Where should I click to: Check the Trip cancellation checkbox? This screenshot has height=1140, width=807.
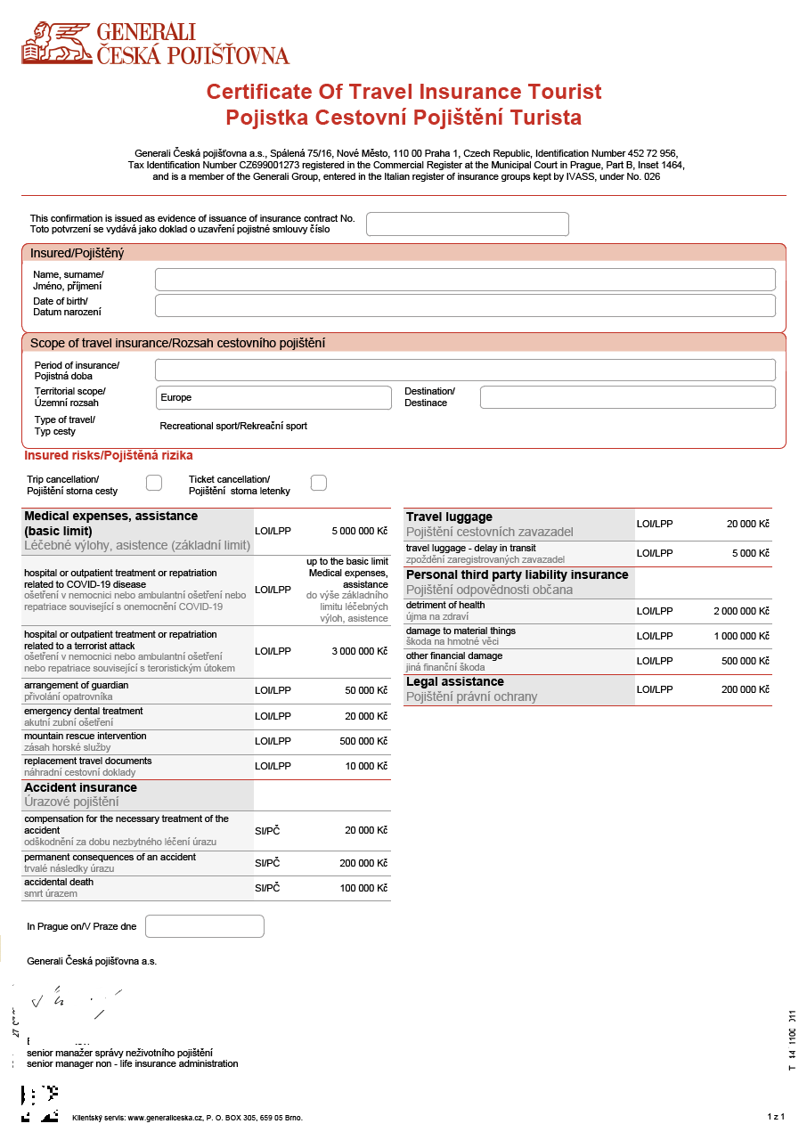tap(154, 483)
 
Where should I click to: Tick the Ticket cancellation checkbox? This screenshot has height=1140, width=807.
tap(319, 483)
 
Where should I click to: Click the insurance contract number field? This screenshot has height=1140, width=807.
tap(467, 224)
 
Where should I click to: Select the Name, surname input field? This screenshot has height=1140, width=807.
tap(465, 280)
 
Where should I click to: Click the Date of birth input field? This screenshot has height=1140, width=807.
tap(465, 305)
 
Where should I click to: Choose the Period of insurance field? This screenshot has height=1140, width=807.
tap(465, 370)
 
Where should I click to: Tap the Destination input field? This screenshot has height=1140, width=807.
tap(627, 397)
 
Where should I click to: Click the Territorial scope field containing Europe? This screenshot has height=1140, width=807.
tap(273, 397)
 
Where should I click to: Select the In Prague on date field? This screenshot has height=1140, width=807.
tap(205, 926)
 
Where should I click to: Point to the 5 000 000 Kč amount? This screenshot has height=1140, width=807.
tap(360, 531)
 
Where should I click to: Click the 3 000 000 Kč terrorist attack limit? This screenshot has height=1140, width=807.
tap(360, 651)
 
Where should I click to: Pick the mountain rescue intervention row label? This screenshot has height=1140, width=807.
tap(86, 737)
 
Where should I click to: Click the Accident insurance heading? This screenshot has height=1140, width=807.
tap(81, 787)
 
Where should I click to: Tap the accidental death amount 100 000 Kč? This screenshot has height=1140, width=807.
tap(364, 888)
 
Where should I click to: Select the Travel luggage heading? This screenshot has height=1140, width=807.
tap(449, 517)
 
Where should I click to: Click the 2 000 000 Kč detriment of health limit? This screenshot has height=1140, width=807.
tap(741, 611)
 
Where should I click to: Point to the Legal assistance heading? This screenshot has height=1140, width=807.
tap(455, 682)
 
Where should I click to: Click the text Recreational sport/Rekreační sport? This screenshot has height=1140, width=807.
tap(233, 426)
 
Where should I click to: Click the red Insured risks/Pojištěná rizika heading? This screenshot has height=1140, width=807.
tap(109, 456)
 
